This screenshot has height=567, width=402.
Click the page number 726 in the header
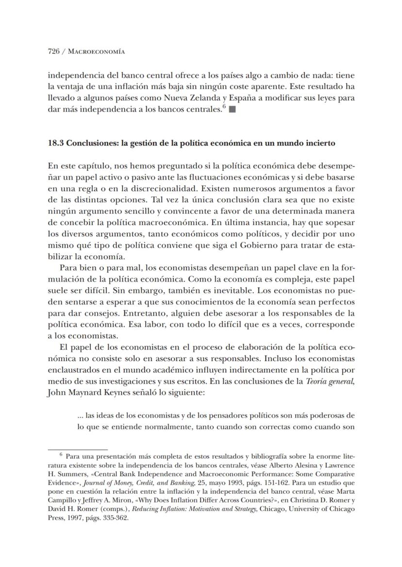[53, 51]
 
